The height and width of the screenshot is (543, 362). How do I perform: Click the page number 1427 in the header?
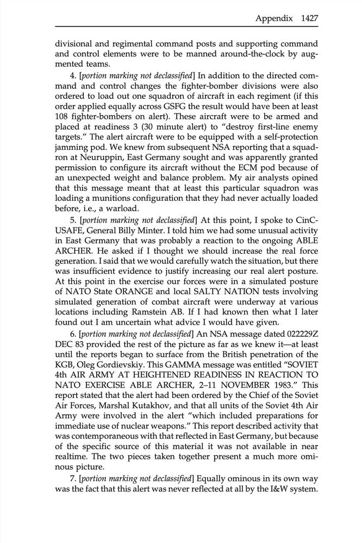307,17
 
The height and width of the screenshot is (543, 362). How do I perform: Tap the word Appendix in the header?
273,17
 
